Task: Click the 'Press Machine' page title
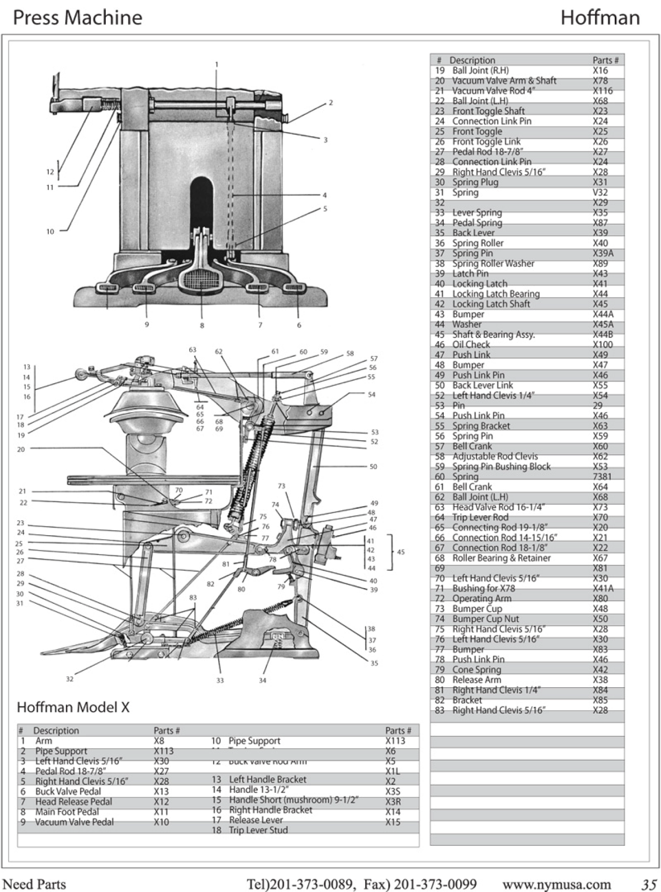77,18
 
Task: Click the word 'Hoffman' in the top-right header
600,18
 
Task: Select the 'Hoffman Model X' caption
73,707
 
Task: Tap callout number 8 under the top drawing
202,325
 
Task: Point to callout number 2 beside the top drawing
330,103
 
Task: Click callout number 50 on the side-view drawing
373,466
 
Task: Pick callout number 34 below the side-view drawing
262,680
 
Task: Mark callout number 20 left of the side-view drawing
21,449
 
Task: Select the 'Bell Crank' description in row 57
472,446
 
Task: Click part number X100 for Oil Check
603,345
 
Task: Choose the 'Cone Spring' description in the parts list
476,670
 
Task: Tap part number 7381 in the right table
602,477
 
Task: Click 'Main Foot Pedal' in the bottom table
67,812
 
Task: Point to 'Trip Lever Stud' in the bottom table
258,830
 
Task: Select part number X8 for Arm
159,741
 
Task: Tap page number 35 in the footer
648,884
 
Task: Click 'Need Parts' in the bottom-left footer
35,884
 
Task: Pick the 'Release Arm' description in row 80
476,680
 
